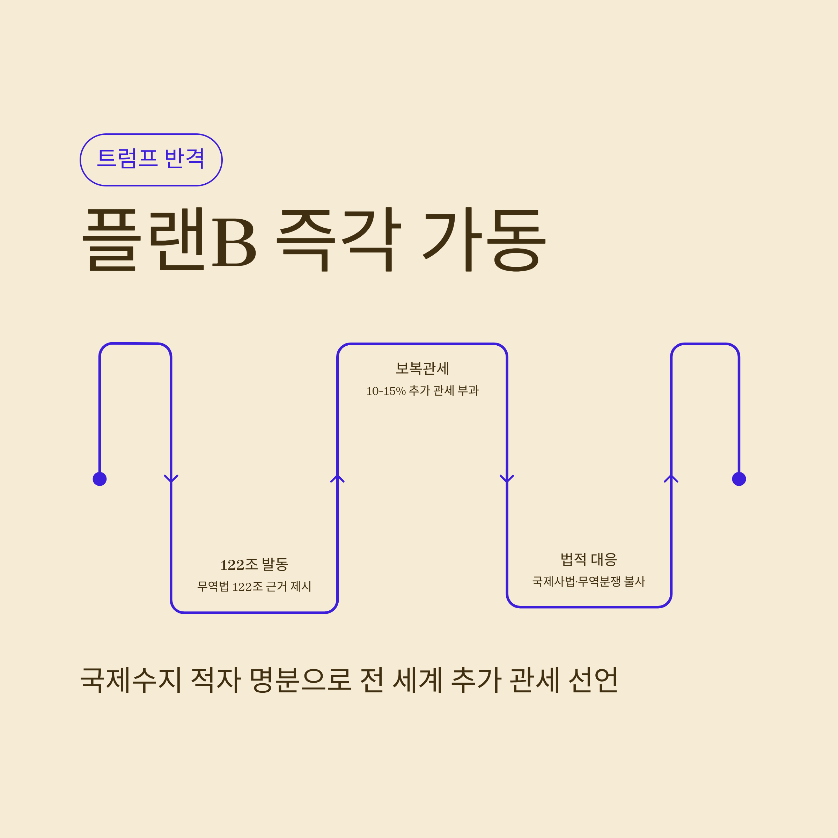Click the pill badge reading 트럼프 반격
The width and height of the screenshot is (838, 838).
point(151,160)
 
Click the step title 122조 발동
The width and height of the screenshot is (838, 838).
point(254,565)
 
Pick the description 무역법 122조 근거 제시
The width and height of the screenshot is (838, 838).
point(254,587)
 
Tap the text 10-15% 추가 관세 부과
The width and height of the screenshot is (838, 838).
point(422,391)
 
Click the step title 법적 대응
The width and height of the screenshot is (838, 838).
point(589,559)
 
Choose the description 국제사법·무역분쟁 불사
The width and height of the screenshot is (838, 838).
point(589,582)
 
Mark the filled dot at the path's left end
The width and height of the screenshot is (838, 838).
point(100,479)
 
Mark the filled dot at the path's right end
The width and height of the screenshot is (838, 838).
point(739,479)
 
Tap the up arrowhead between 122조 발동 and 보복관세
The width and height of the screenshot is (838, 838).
point(337,478)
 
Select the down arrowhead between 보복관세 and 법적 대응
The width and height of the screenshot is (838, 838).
point(507,479)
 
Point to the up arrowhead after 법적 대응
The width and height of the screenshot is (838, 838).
point(671,478)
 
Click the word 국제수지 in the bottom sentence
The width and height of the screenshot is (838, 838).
point(131,679)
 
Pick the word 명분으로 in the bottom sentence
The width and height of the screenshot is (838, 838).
point(300,679)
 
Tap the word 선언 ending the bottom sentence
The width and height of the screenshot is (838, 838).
point(593,679)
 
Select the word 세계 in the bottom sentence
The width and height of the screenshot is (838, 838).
point(417,679)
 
